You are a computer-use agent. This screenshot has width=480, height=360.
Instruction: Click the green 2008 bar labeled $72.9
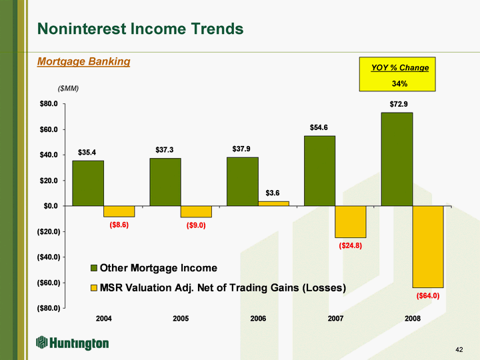click(x=397, y=159)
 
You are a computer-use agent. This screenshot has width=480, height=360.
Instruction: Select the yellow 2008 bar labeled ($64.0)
click(x=428, y=247)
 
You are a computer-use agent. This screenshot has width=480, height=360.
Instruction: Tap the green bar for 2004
click(x=88, y=183)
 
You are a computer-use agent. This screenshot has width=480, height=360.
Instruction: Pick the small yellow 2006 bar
click(x=274, y=203)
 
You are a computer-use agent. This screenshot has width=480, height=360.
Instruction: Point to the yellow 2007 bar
click(x=351, y=221)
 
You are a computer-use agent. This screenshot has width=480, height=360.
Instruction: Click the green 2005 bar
click(x=165, y=182)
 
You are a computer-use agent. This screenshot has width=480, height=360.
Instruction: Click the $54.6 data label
click(x=319, y=127)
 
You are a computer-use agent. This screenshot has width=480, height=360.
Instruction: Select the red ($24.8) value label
click(x=351, y=245)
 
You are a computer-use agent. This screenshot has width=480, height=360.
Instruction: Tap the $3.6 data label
click(x=273, y=193)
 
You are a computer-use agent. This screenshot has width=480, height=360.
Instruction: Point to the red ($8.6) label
click(x=119, y=225)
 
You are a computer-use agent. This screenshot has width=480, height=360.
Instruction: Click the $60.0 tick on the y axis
click(x=49, y=129)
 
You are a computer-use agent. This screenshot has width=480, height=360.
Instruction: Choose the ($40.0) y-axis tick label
click(x=49, y=257)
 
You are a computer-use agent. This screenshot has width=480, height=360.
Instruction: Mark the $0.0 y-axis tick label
click(x=51, y=206)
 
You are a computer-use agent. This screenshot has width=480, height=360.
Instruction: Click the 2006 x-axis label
click(x=258, y=319)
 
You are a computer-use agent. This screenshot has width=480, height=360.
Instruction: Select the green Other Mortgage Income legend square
click(x=94, y=268)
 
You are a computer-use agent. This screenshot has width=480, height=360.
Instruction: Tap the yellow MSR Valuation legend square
click(x=94, y=288)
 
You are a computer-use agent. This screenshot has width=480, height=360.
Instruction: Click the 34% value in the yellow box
click(x=399, y=83)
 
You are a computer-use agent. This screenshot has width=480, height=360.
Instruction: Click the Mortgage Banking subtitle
click(x=83, y=61)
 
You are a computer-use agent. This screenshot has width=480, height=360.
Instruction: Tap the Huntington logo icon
click(x=41, y=342)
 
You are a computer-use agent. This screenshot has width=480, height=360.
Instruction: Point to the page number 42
click(x=459, y=349)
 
